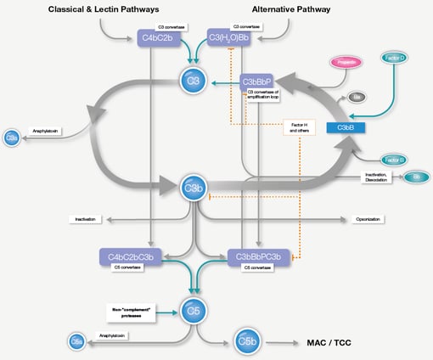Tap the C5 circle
194,310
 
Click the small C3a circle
12,137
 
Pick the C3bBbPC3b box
260,256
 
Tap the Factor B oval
392,159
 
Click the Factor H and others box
299,127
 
